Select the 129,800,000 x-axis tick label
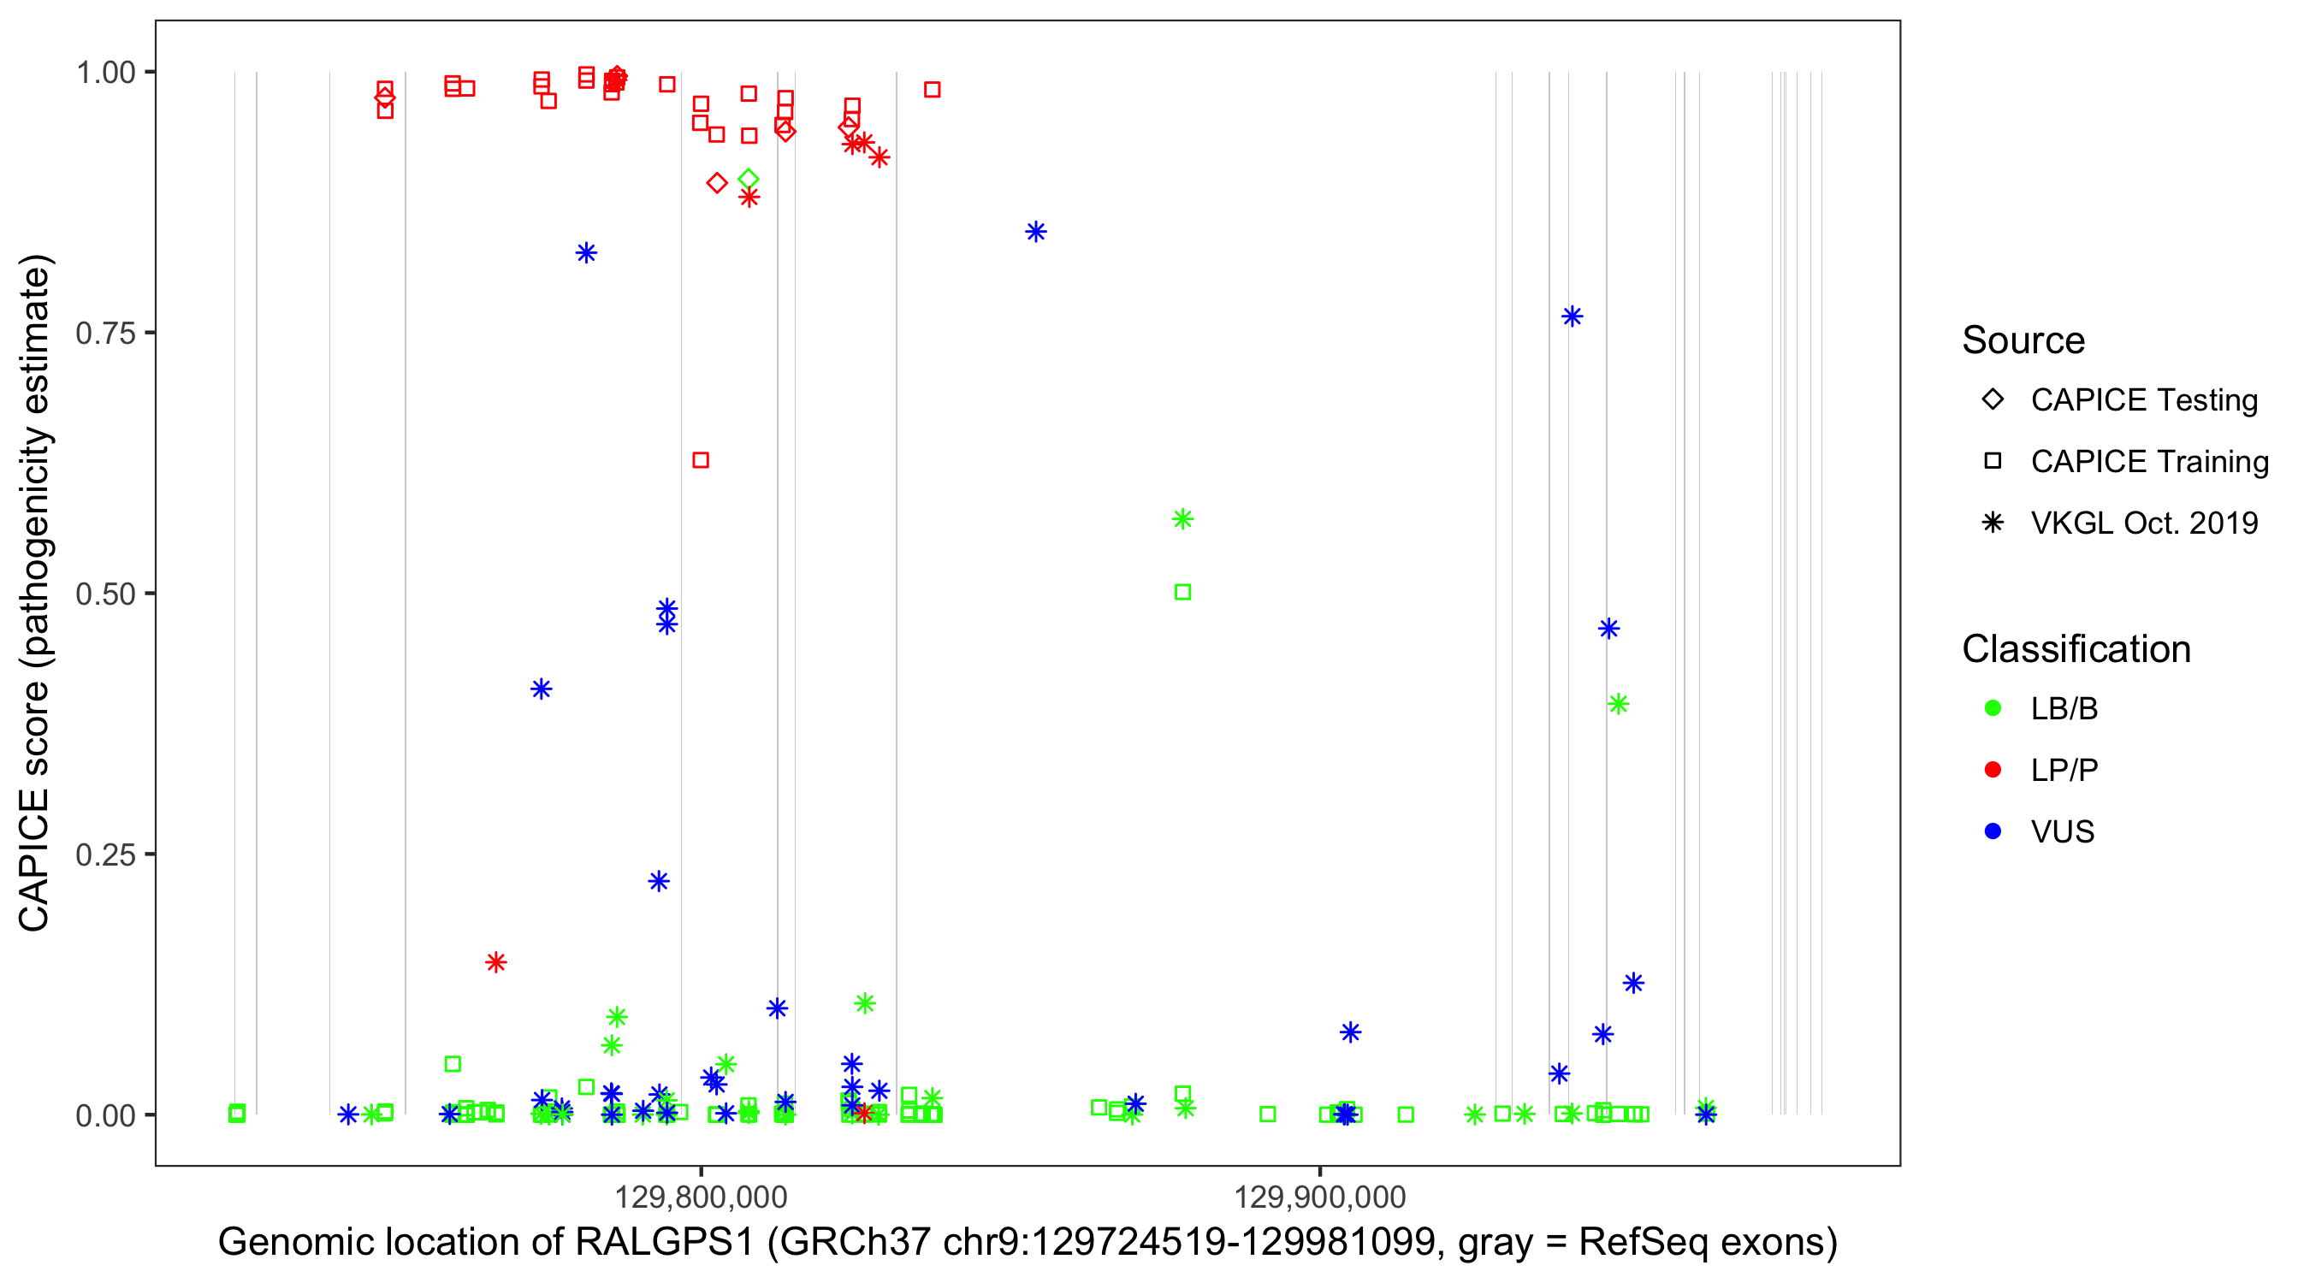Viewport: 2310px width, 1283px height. (701, 1197)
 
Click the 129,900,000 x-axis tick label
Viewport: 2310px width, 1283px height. (1320, 1197)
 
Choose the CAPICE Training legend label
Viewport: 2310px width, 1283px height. (2149, 462)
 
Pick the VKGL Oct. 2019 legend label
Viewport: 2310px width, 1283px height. (2144, 523)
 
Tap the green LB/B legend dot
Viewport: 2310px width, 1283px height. (1993, 709)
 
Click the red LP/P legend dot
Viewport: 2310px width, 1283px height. (1993, 770)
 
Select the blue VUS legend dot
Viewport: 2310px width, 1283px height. (1993, 832)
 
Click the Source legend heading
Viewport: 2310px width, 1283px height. (2023, 340)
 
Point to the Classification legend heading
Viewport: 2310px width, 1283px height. (2076, 649)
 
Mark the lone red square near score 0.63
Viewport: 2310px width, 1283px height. (702, 460)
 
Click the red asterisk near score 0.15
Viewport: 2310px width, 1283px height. (496, 963)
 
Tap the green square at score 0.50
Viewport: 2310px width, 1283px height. (1182, 593)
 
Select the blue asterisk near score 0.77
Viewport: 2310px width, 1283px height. (1572, 316)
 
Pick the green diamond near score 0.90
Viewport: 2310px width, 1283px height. (749, 180)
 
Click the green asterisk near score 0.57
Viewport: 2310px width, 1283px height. (1182, 519)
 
